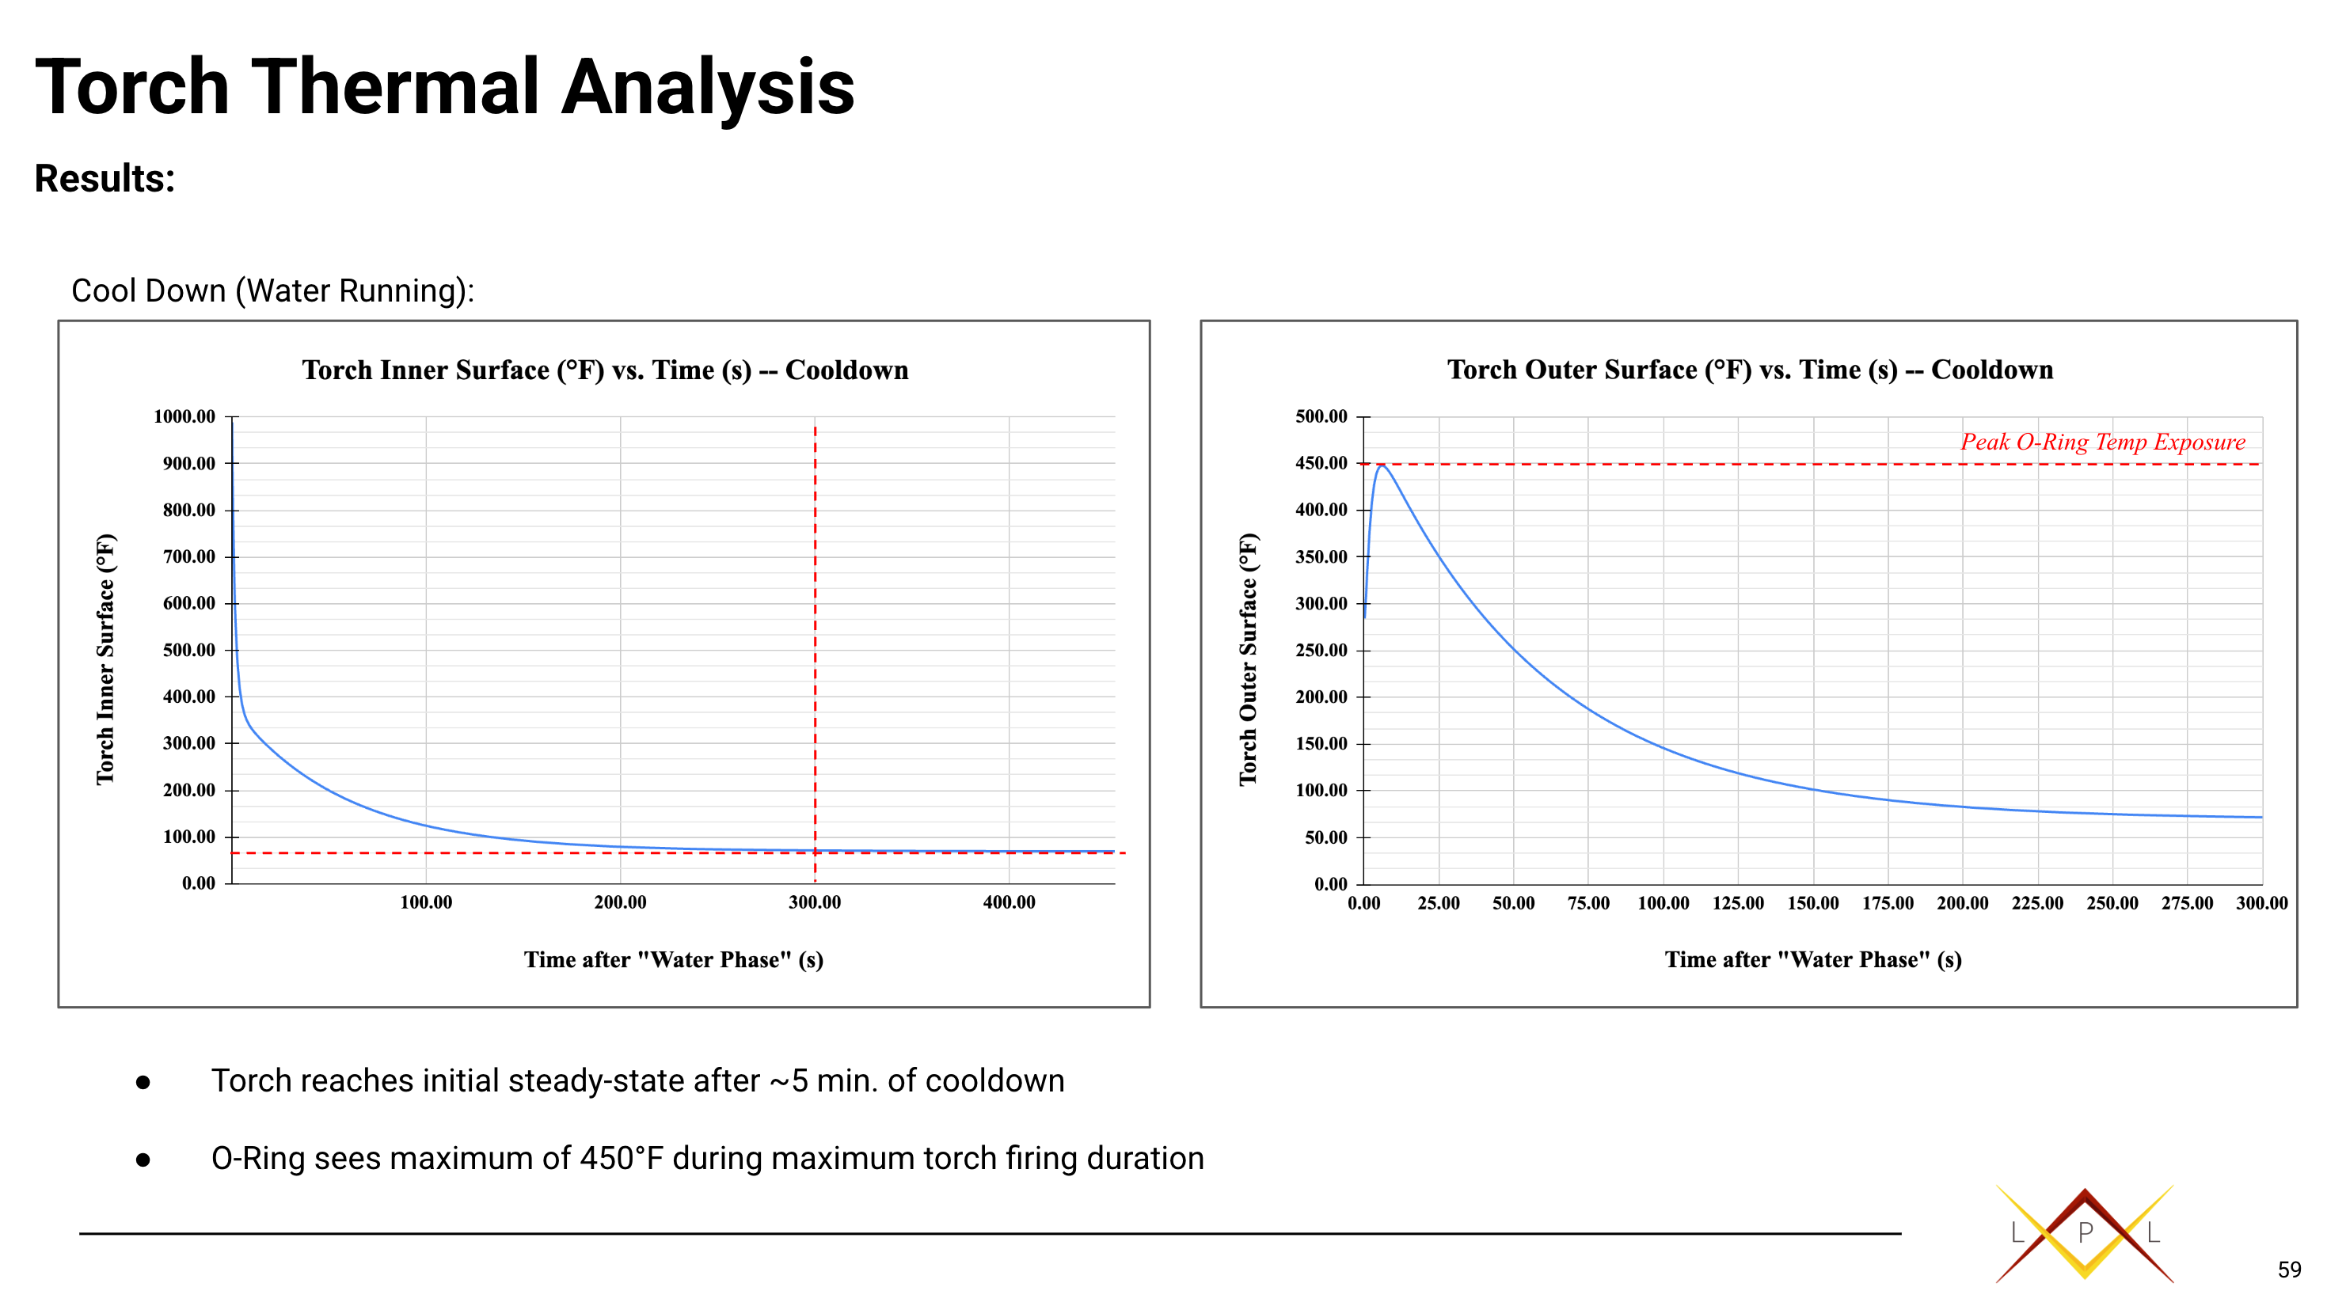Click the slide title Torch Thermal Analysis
tap(444, 87)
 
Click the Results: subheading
tap(105, 178)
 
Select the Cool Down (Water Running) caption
tap(273, 290)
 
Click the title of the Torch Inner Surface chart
tap(604, 370)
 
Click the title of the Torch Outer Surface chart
tap(1750, 370)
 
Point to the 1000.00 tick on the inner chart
tap(184, 416)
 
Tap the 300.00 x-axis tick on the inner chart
tap(814, 902)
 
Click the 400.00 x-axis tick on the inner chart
tap(1008, 902)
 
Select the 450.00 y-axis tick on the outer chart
tap(1321, 463)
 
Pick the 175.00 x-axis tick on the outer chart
tap(1887, 903)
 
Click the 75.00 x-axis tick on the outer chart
tap(1588, 903)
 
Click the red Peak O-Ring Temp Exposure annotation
tap(2102, 442)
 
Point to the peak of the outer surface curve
tap(1381, 466)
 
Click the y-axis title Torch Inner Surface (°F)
tap(105, 659)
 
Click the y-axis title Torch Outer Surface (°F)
tap(1248, 659)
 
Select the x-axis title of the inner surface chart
tap(673, 959)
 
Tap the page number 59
tap(2289, 1270)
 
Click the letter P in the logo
tap(2085, 1232)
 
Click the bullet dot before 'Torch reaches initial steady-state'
tap(143, 1082)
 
